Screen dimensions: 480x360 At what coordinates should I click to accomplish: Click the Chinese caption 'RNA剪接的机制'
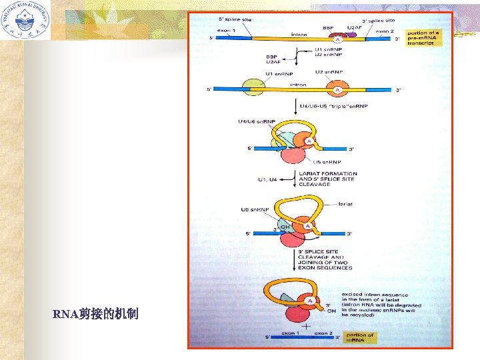click(x=97, y=313)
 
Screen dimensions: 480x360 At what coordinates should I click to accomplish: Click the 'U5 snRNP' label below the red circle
click(x=327, y=162)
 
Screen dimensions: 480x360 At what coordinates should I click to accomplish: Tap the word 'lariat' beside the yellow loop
click(x=346, y=205)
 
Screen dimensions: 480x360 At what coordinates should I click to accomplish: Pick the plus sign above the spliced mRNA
click(x=306, y=327)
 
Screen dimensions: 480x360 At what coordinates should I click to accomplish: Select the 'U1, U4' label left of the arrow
click(x=270, y=179)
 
